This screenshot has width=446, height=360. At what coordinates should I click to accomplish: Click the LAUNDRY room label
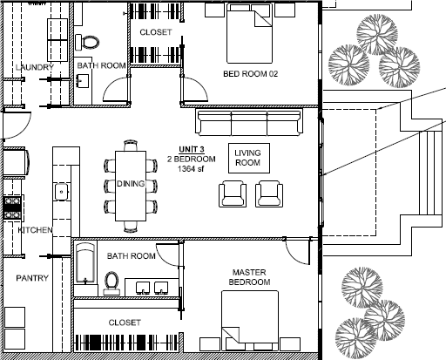coord(35,67)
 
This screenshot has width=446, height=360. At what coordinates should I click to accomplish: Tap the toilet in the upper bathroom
coord(87,42)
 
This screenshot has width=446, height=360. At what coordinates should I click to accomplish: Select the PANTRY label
coord(32,278)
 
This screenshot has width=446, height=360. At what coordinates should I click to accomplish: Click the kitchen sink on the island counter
coord(62,192)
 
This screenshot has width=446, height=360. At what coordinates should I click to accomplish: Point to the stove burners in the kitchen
coord(12,207)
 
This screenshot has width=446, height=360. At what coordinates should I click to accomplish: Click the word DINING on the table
coord(131,184)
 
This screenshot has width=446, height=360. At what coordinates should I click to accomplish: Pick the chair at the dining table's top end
coord(131,146)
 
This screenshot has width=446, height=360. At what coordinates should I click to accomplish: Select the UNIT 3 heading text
coord(192,149)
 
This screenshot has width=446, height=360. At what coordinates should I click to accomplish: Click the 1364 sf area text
coord(191,169)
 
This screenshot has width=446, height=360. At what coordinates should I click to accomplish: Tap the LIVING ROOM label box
coord(249,158)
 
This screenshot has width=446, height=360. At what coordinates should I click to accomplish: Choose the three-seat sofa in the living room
coord(249,122)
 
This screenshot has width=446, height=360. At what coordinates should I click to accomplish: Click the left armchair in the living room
coord(233,194)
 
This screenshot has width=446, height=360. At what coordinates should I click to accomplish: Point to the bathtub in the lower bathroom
coord(85,263)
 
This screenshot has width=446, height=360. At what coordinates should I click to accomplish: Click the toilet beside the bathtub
coord(111,283)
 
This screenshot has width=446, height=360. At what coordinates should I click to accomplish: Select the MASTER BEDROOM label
coord(249,277)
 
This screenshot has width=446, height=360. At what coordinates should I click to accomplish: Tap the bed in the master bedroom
coord(250,320)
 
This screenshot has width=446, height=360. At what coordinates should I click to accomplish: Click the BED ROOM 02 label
coord(250,74)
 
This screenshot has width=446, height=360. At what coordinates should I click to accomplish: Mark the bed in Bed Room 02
coord(249,33)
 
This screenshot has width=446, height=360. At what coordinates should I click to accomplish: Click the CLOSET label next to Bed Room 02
coord(156,32)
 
